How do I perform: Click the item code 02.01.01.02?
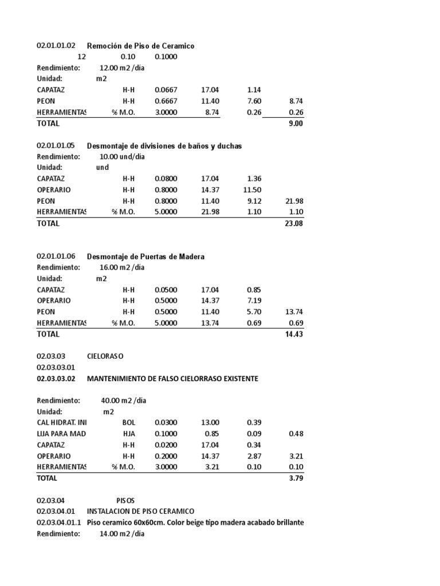point(56,46)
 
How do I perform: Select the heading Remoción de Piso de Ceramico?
point(140,46)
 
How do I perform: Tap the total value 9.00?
point(296,123)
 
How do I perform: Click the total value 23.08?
point(293,223)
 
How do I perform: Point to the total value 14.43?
point(293,334)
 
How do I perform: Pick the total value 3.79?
point(296,478)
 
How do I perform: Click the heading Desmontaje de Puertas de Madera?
point(146,256)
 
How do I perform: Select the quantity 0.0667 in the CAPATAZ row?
point(166,90)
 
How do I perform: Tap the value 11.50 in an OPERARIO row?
point(252,190)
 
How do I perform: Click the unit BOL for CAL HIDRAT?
point(128,422)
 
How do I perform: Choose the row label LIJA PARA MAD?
point(61,434)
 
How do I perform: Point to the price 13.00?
point(209,422)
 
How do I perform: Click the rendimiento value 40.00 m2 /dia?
point(123,401)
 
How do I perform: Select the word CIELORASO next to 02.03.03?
point(105,356)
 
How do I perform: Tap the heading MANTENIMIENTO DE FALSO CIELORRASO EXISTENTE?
point(172,379)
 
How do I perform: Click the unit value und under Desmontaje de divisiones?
point(102,168)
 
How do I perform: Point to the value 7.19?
point(254,300)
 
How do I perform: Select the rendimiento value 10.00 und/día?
point(122,157)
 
